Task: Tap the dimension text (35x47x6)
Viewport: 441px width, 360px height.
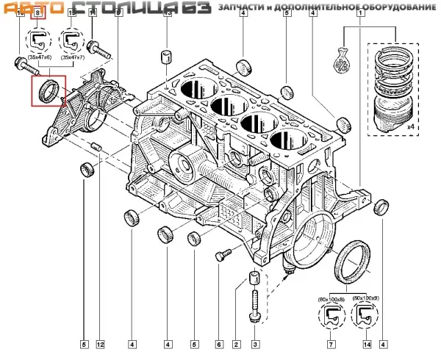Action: [x=40, y=56]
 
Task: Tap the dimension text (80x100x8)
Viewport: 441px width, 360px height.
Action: [x=331, y=299]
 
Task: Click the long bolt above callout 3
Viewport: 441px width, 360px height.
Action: [x=254, y=304]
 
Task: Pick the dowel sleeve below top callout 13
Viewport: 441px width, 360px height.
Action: [x=167, y=57]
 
